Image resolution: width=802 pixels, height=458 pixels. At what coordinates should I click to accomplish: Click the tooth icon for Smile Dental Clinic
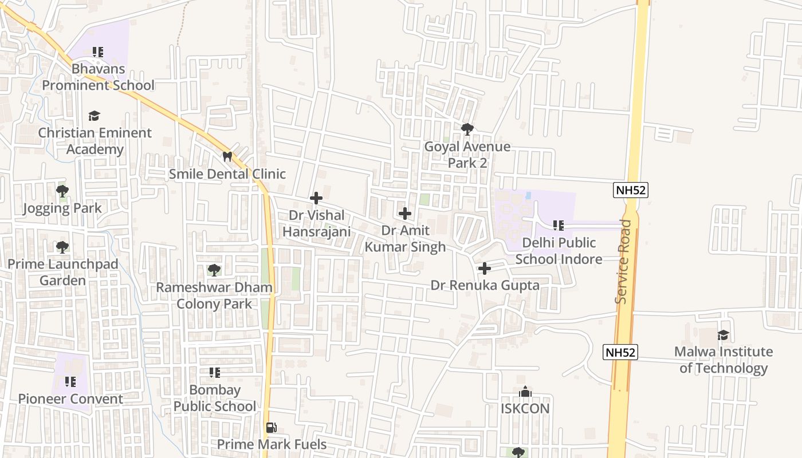click(227, 156)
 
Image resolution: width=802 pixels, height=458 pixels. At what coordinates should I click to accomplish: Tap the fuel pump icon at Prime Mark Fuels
click(270, 427)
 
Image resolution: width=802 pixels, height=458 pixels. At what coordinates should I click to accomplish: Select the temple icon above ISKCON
click(525, 392)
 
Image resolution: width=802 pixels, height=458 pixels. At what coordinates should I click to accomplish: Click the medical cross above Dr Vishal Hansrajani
click(316, 198)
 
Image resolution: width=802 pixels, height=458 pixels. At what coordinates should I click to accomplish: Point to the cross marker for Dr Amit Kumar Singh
click(405, 214)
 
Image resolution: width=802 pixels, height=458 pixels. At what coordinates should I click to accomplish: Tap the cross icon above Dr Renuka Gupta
click(485, 268)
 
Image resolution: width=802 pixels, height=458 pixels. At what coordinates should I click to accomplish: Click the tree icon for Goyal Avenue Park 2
click(467, 129)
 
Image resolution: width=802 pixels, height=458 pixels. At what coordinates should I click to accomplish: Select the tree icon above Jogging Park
click(62, 191)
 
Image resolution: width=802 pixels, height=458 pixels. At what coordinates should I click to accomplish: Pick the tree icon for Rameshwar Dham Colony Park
click(214, 270)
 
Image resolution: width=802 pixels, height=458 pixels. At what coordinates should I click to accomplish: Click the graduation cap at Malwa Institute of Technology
click(723, 335)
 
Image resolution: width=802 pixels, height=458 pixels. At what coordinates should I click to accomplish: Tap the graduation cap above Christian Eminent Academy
click(95, 116)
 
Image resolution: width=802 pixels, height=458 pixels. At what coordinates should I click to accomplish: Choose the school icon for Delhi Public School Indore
click(559, 226)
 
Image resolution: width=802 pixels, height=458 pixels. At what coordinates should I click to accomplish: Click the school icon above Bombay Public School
click(215, 373)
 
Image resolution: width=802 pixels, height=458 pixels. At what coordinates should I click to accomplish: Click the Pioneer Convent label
click(70, 399)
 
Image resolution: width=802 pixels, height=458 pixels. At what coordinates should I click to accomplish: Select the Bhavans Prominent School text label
click(99, 77)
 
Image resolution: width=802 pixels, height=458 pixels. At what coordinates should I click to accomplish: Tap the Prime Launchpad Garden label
click(62, 273)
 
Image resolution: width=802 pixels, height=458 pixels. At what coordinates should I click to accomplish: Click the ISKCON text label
click(525, 409)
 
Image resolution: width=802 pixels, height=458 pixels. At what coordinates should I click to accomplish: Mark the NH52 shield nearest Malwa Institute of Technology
click(620, 352)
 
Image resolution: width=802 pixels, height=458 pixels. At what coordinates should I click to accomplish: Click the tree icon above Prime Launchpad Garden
click(62, 247)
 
